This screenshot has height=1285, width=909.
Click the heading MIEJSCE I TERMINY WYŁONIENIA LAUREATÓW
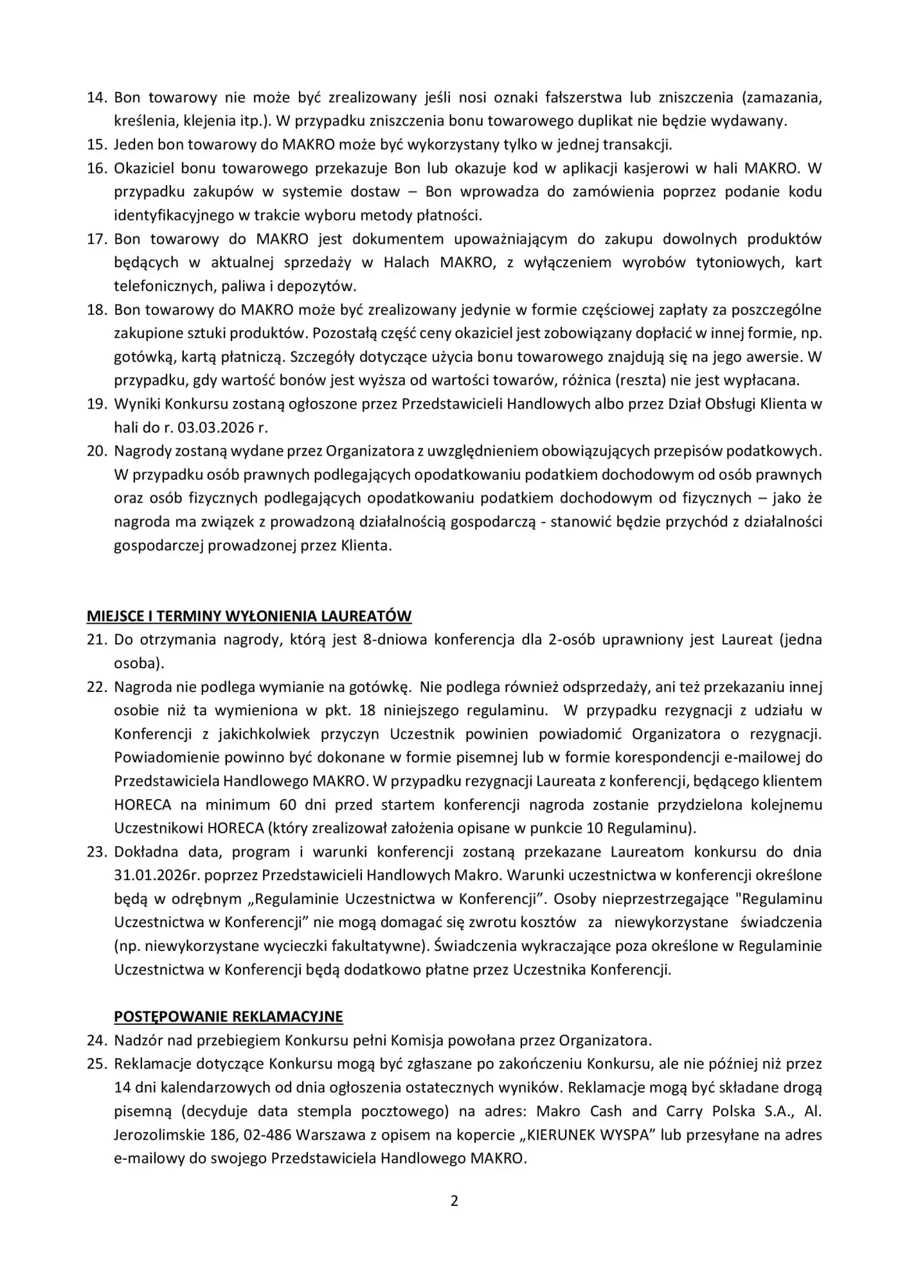[x=249, y=616]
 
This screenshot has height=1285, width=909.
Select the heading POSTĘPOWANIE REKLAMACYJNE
[x=228, y=1016]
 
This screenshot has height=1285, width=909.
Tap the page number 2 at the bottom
[x=455, y=1201]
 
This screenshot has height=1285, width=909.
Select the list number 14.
[x=96, y=98]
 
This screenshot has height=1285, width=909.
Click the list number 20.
[x=96, y=451]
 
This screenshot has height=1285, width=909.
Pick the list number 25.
[x=96, y=1063]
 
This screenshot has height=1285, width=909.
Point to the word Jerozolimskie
[x=158, y=1135]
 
